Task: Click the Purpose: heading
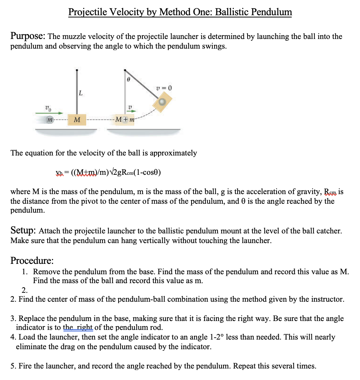click(28, 36)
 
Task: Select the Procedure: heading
click(32, 260)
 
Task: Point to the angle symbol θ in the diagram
click(128, 79)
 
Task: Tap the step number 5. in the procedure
click(13, 366)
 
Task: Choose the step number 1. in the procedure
click(25, 271)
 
